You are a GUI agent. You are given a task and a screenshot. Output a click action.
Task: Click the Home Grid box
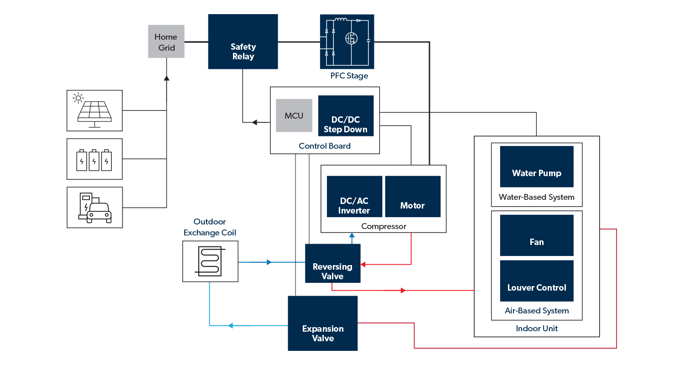(166, 42)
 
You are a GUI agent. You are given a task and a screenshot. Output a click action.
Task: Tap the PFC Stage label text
(349, 76)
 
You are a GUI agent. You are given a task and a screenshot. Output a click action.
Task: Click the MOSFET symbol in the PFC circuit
(351, 39)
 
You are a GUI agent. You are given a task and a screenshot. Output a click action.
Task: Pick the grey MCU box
(294, 115)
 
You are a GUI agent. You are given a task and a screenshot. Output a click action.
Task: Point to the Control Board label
(325, 146)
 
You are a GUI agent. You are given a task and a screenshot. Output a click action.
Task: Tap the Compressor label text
(383, 226)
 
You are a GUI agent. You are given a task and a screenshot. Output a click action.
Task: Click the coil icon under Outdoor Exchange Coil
(210, 261)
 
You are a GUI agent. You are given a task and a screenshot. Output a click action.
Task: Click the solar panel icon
(94, 110)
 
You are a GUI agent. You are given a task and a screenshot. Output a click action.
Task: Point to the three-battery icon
(94, 159)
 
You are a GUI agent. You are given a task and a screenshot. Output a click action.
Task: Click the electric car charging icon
(94, 208)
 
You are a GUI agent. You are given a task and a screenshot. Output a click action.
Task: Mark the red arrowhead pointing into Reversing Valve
(364, 264)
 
